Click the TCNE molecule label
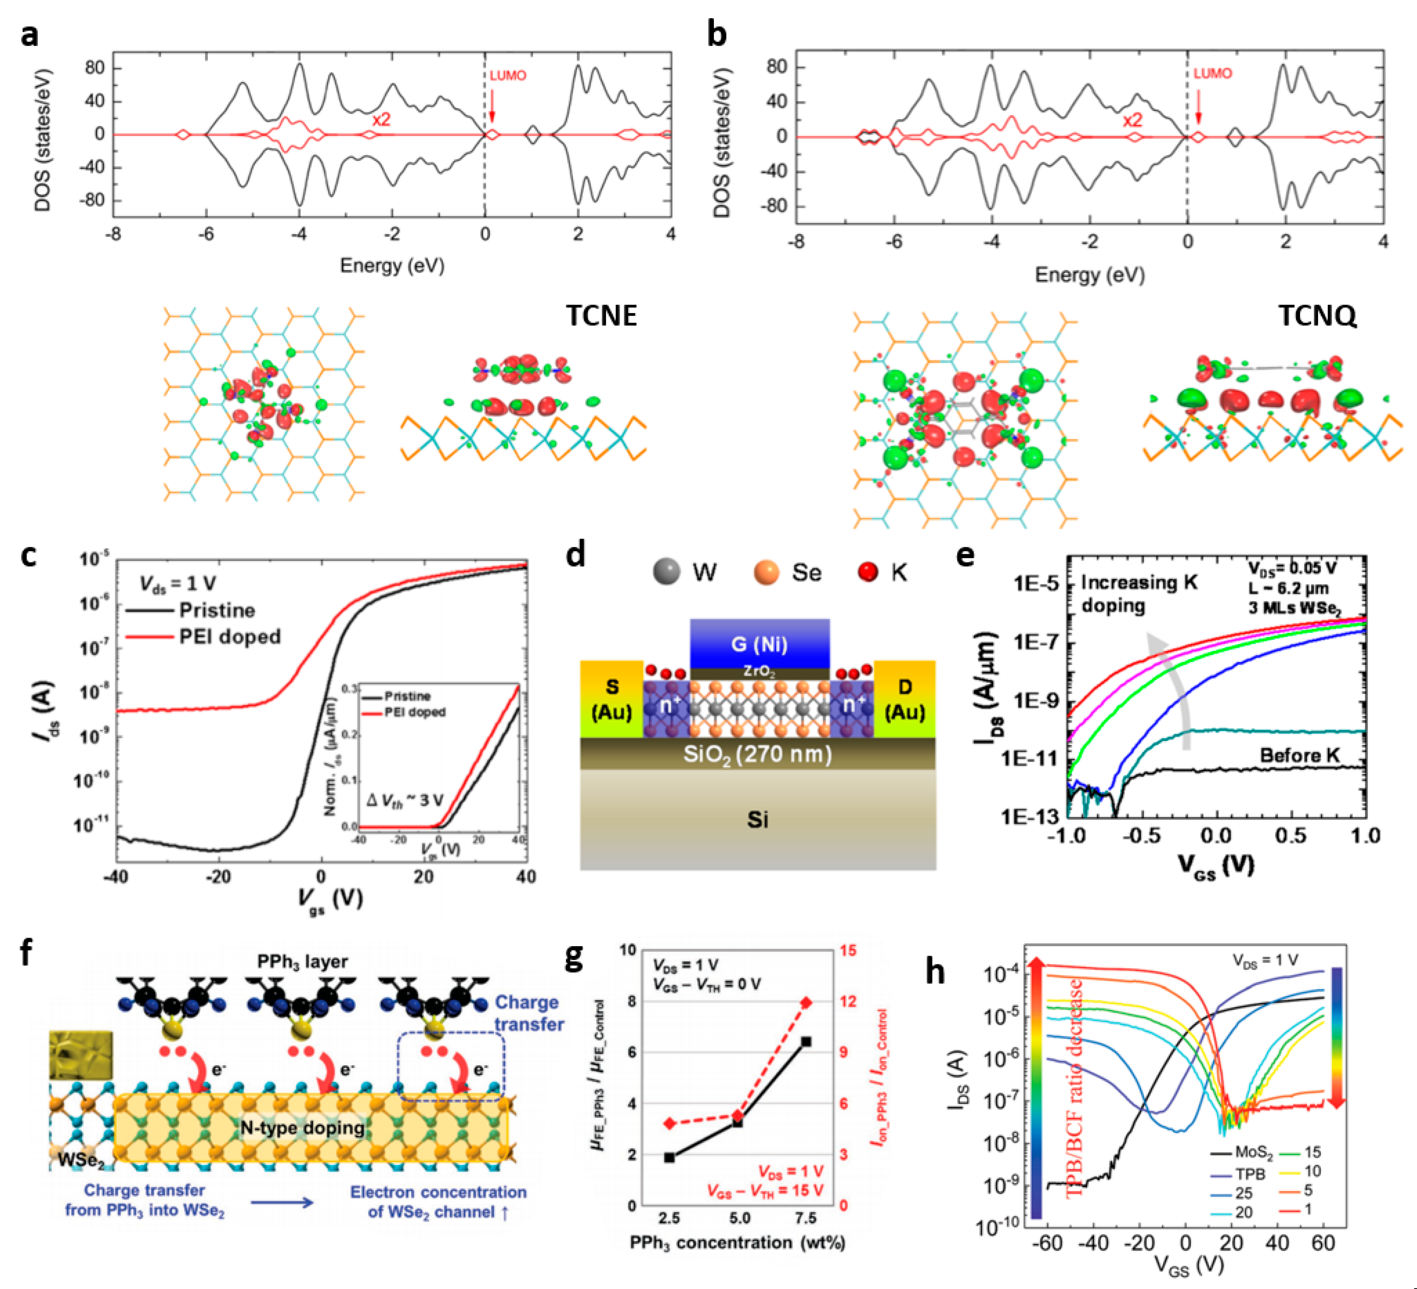[601, 316]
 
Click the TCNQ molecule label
[1317, 316]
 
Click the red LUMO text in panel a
[508, 76]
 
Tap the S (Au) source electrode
[612, 699]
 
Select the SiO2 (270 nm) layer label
[757, 754]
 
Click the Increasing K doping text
[1139, 594]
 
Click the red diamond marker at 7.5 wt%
[807, 1002]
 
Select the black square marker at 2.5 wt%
[669, 1157]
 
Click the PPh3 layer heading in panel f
[302, 961]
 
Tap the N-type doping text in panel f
[302, 1128]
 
